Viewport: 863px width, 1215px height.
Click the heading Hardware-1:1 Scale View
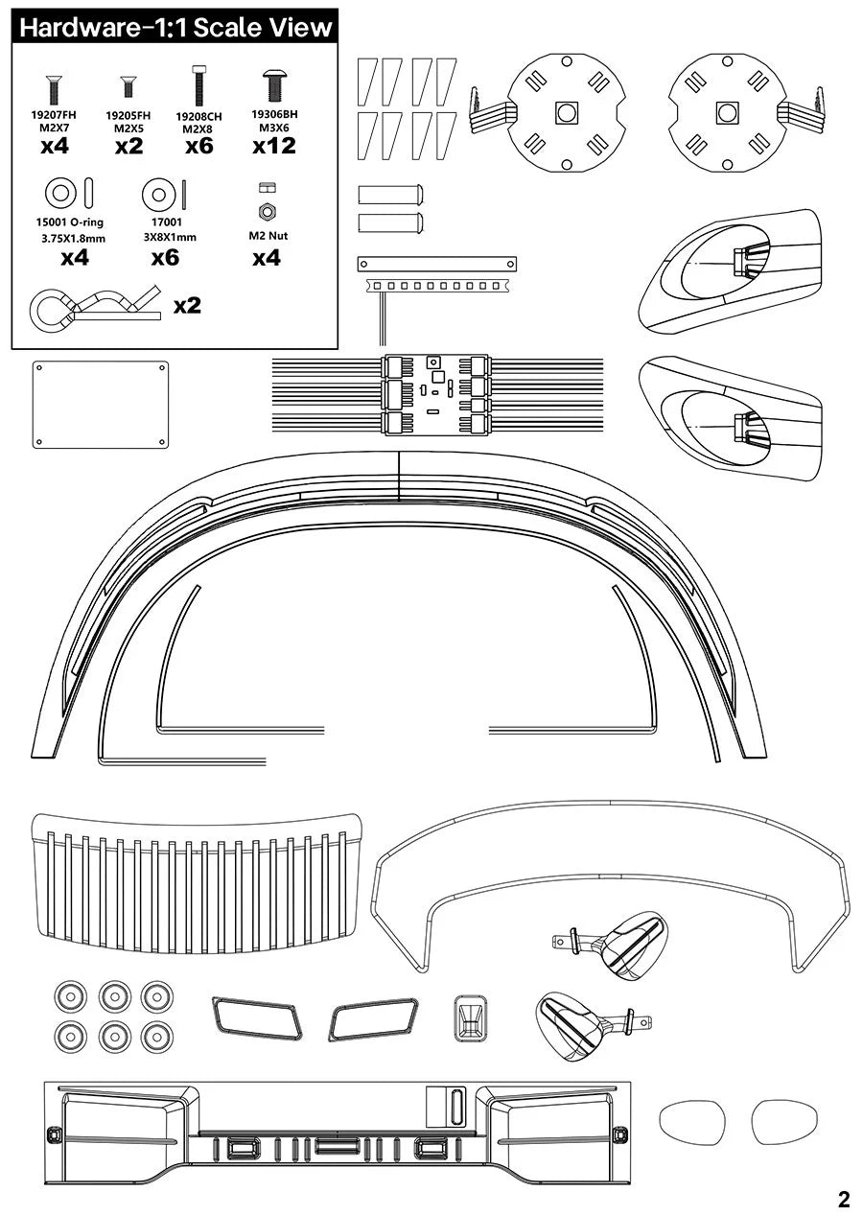point(175,27)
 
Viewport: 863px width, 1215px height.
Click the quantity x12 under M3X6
point(274,146)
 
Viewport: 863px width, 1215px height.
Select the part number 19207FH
point(54,114)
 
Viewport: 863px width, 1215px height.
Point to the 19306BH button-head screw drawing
point(274,85)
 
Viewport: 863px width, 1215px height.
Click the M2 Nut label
point(268,236)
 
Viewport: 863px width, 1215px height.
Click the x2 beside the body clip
point(187,306)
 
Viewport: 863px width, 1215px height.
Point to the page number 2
point(843,1199)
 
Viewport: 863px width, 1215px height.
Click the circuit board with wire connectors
point(436,395)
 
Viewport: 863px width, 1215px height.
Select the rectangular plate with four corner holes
point(101,404)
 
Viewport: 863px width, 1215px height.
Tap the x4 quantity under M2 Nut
point(267,257)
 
